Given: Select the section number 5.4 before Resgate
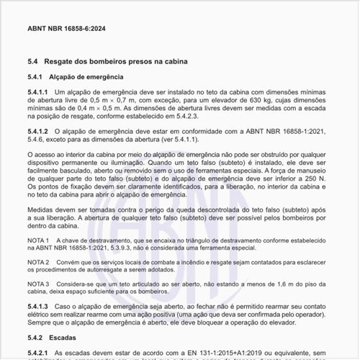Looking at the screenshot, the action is click(32, 63).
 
